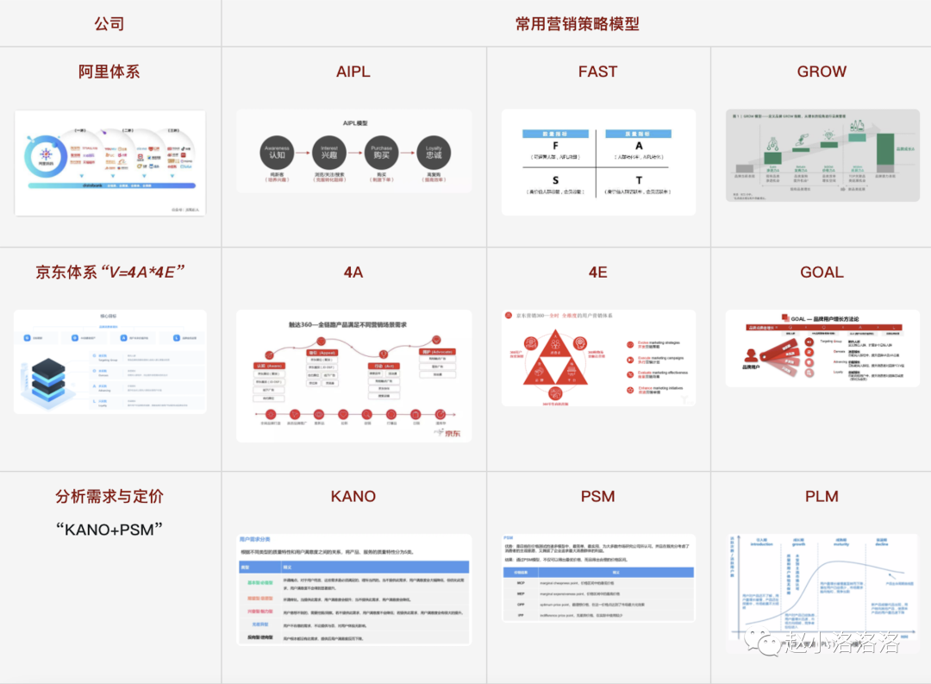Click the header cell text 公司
pos(109,23)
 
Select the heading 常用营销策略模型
pos(577,23)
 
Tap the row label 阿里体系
pos(109,72)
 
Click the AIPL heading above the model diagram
pos(353,72)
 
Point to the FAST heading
pos(597,72)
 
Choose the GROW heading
pos(822,72)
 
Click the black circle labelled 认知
pos(277,153)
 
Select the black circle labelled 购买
pos(381,153)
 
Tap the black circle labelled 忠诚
pos(434,153)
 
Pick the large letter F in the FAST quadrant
pos(555,147)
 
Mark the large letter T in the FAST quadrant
pos(640,180)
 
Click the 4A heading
pos(353,273)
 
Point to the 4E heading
pos(597,273)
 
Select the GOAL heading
pos(822,273)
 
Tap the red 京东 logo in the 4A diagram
pos(449,432)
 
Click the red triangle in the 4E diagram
pos(556,361)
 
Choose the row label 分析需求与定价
pos(109,497)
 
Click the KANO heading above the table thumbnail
pos(353,497)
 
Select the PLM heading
pos(822,497)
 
